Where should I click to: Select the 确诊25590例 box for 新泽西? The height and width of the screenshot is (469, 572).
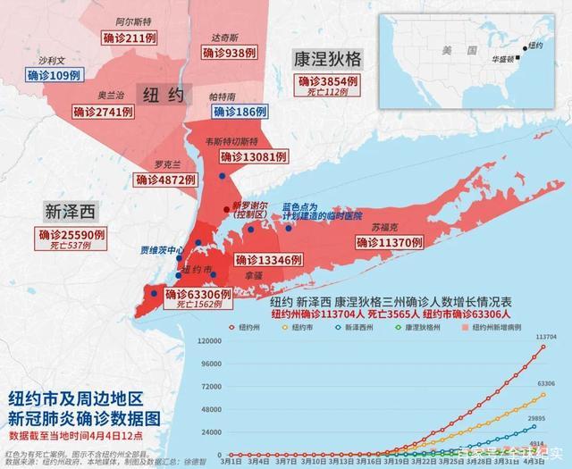(x=71, y=235)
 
